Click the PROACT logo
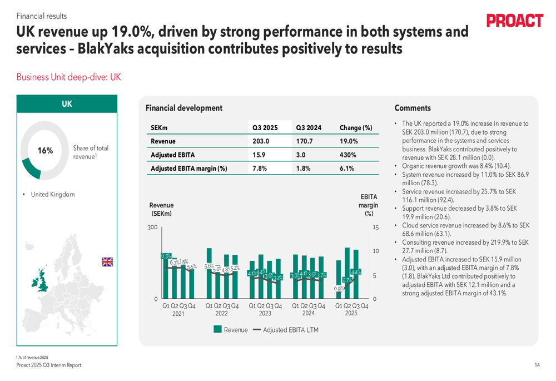click(x=514, y=21)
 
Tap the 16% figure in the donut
click(x=45, y=151)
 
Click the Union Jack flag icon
click(x=107, y=262)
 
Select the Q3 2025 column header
click(x=265, y=128)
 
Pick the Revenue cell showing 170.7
click(x=305, y=141)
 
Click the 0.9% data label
click(x=338, y=289)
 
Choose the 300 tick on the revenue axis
click(x=152, y=227)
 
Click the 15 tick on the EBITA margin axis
click(x=376, y=227)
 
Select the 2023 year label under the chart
click(x=265, y=313)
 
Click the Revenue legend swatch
click(x=217, y=330)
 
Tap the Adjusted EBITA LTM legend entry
click(x=285, y=330)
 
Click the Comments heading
click(x=413, y=108)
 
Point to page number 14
click(x=537, y=365)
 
